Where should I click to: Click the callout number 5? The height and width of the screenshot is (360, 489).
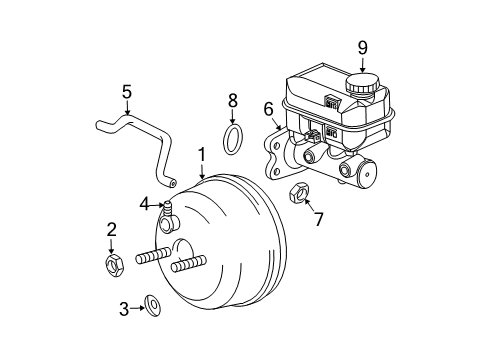[126, 92]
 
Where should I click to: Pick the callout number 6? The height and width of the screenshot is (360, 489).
[268, 109]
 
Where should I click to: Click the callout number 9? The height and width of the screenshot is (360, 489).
[363, 46]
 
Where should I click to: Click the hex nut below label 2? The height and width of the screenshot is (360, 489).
[112, 264]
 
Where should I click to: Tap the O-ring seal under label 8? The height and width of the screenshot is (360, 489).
[232, 140]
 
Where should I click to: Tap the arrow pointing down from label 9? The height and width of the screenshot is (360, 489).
[363, 64]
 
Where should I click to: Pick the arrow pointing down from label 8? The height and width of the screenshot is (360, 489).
[232, 116]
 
